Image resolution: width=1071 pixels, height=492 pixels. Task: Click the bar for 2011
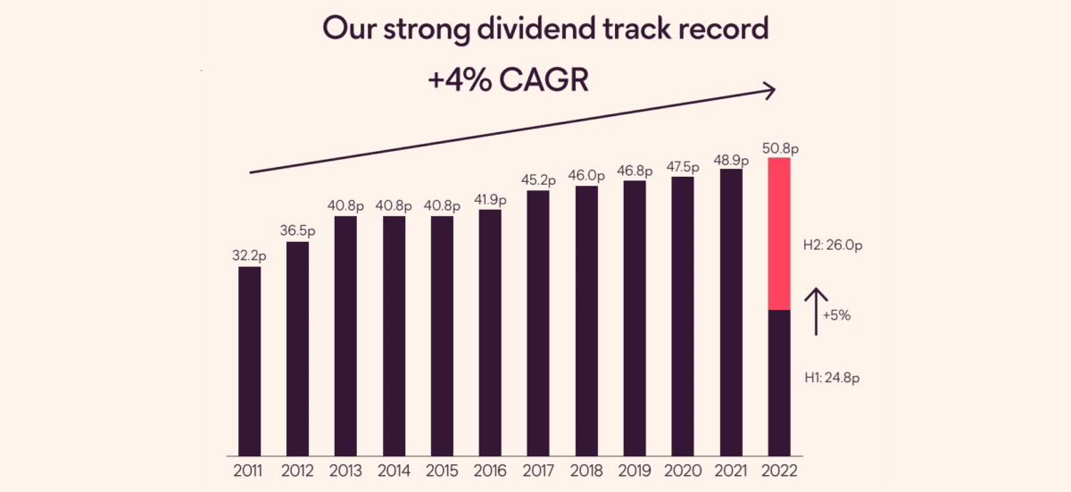point(250,361)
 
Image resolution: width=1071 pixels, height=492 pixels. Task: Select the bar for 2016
point(491,332)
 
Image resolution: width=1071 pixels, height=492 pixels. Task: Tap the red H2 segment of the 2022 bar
point(780,234)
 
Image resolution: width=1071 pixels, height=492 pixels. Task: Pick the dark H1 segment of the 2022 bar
point(780,382)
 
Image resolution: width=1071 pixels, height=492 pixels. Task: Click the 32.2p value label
point(250,255)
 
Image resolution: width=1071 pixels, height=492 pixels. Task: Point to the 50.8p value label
point(781,147)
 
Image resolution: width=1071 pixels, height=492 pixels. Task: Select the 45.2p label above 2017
point(539,179)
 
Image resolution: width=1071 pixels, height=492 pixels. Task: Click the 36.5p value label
point(298,230)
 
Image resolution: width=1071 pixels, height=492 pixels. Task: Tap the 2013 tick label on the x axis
point(346,471)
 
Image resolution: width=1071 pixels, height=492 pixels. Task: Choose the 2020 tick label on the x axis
point(684,471)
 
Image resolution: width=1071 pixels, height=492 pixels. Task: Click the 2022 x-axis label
point(780,471)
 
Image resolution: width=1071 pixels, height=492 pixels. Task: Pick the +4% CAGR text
point(509,79)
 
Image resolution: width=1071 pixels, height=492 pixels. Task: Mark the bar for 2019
point(635,318)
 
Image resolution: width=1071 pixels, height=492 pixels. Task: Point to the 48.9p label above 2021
point(732,158)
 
